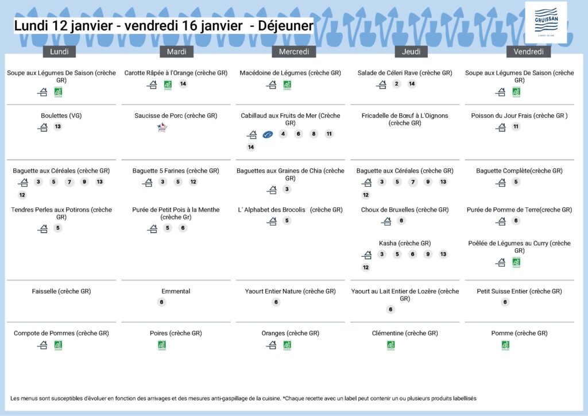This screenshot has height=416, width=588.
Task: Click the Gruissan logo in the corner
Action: (x=546, y=22)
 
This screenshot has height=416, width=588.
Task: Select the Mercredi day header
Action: (x=294, y=52)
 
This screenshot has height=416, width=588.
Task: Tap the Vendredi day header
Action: (x=528, y=52)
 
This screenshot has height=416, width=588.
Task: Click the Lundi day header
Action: (x=59, y=52)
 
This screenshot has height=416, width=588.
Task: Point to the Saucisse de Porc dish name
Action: (x=176, y=115)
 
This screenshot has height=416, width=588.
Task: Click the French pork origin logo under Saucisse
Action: (x=162, y=128)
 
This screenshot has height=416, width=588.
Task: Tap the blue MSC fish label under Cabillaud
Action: (x=268, y=134)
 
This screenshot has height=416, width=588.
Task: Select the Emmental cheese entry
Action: (x=176, y=291)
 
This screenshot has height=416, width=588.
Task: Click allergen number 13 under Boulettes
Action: (x=57, y=127)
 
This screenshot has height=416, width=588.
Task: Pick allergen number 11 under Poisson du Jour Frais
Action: (x=516, y=127)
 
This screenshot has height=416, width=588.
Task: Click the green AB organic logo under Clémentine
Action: (x=391, y=345)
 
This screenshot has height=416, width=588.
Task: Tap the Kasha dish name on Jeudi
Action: (x=405, y=243)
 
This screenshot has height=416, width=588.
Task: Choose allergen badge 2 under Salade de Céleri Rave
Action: (x=396, y=84)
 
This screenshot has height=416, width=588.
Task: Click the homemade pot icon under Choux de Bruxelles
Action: (x=386, y=221)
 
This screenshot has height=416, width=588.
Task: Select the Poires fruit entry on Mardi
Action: (x=176, y=333)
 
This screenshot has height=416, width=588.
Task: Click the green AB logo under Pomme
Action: (x=505, y=345)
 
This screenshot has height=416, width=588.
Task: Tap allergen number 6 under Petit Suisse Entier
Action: (x=505, y=302)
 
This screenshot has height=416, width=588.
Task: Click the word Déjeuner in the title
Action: (x=285, y=26)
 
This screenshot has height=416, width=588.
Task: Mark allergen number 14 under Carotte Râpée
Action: (x=183, y=84)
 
